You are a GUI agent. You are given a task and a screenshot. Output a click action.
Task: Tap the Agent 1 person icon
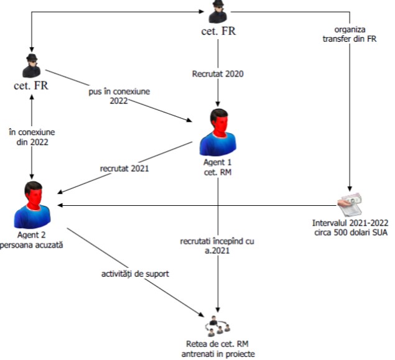click(218, 132)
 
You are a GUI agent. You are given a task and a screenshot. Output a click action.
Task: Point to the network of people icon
click(217, 325)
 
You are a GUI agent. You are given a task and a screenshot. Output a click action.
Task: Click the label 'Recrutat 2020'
click(217, 74)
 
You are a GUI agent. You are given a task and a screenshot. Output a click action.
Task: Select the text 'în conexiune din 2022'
click(31, 136)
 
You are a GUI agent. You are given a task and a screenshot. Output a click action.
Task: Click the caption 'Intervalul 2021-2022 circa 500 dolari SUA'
click(350, 227)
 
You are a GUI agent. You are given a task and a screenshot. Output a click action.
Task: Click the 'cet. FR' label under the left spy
click(31, 85)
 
